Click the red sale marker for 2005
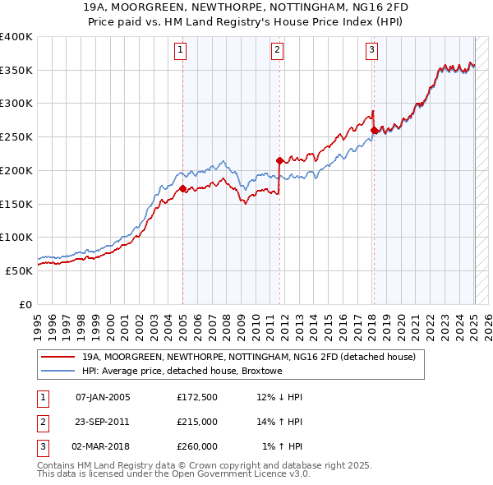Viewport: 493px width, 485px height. pos(182,188)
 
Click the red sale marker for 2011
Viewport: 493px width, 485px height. pos(279,160)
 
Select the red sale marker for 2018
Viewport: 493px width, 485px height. pos(374,130)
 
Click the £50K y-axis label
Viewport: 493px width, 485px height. pos(19,270)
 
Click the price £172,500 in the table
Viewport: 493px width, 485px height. pos(196,397)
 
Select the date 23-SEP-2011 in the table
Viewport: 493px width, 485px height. pos(103,422)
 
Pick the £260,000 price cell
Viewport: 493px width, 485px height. pos(196,446)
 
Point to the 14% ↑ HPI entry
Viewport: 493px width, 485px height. pos(281,422)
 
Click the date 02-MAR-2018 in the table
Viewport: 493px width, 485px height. pos(103,446)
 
